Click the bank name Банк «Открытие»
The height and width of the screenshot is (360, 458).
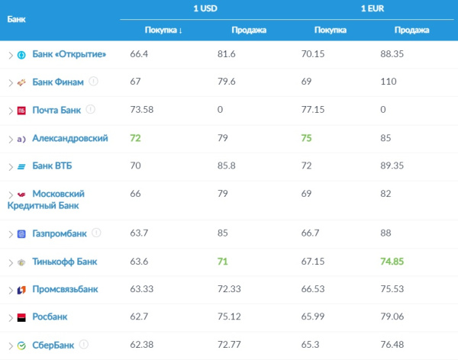click(69, 54)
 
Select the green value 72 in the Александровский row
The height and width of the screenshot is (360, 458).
click(135, 138)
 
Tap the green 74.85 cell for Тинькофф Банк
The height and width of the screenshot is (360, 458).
click(392, 262)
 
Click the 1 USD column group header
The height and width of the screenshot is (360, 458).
click(205, 8)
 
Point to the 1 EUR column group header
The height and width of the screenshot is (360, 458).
click(373, 8)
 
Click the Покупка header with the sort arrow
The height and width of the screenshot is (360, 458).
click(163, 30)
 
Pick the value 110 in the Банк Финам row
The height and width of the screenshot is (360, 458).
click(389, 81)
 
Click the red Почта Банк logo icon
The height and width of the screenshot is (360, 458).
click(21, 111)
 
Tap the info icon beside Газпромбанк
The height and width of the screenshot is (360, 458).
click(96, 233)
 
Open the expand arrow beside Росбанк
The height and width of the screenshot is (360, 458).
click(11, 317)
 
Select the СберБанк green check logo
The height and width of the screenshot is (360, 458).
click(21, 346)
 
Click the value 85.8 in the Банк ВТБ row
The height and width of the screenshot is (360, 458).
click(227, 166)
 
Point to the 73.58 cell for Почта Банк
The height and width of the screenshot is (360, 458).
click(142, 110)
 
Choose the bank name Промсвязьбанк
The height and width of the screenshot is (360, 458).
click(65, 289)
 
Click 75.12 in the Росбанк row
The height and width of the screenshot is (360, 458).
click(229, 317)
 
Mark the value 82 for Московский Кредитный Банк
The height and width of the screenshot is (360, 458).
click(385, 194)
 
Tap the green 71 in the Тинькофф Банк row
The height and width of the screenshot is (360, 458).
click(223, 262)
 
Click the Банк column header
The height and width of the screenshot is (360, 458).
click(16, 19)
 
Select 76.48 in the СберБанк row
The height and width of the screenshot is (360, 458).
click(392, 345)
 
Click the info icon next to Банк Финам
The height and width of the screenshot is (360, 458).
click(93, 81)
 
